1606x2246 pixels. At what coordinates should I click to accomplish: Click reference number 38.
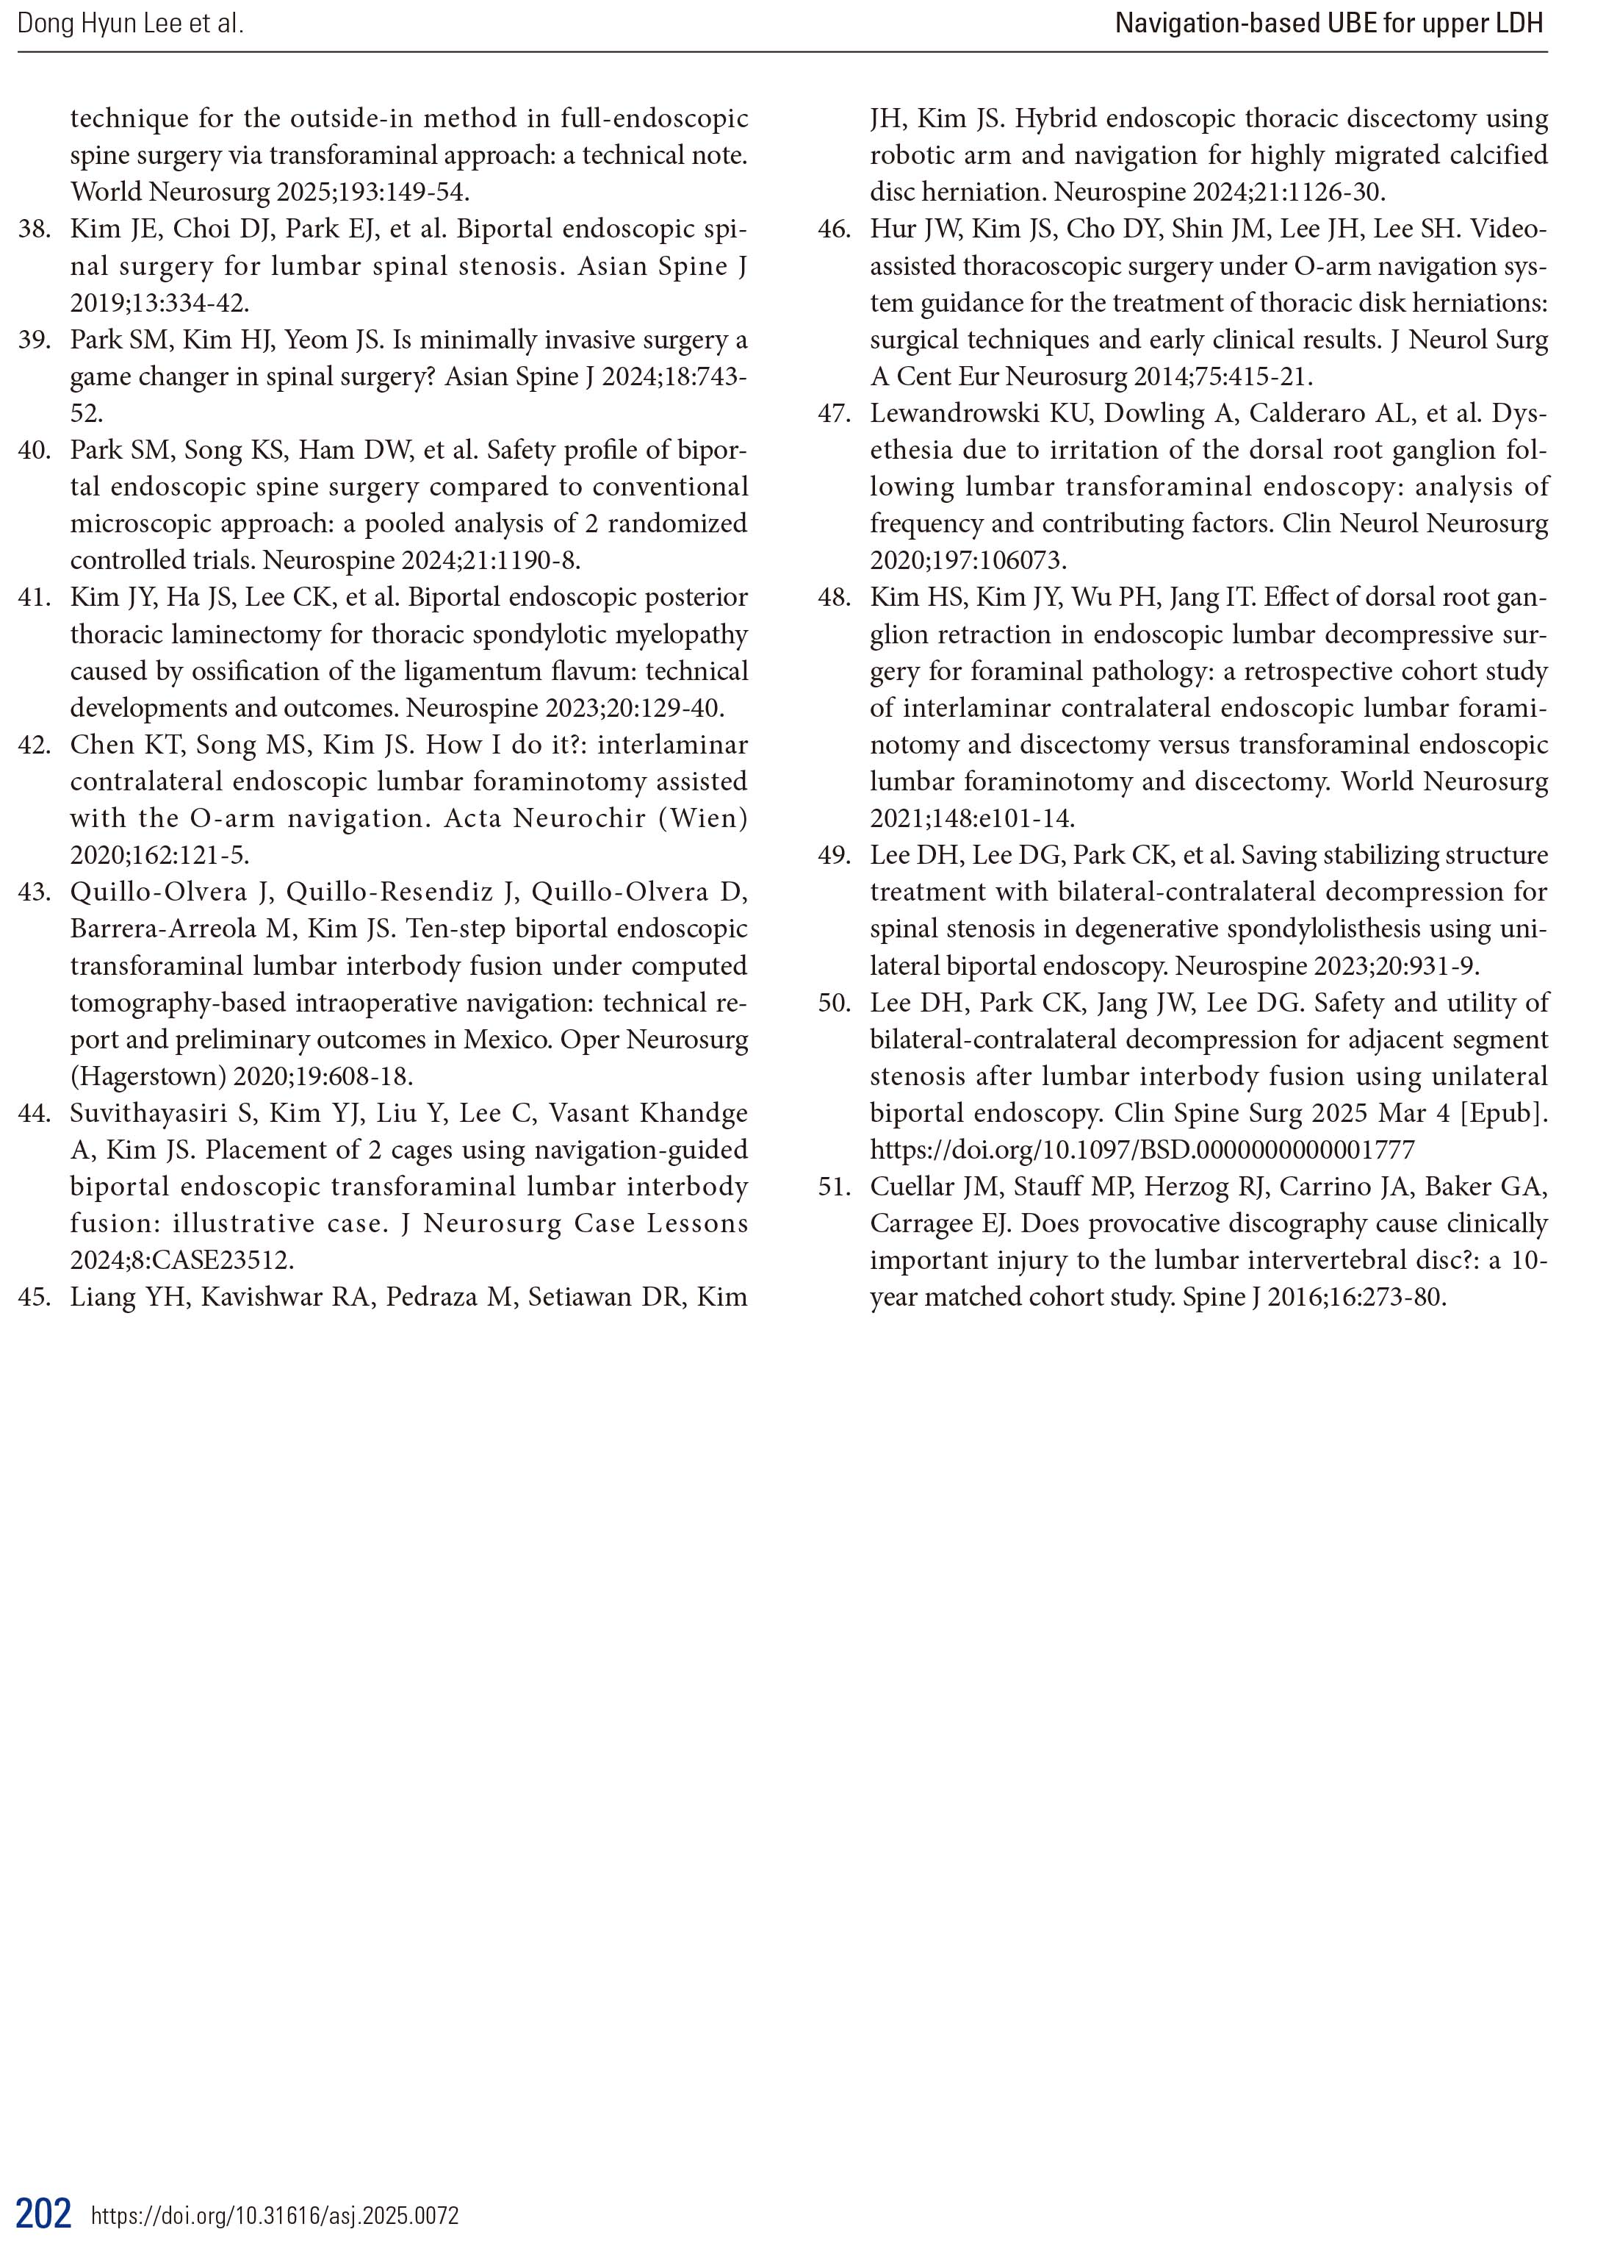(34, 229)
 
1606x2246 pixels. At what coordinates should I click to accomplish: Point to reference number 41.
(34, 598)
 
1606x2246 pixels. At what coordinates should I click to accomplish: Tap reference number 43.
(34, 893)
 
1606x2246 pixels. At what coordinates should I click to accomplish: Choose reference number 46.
(834, 229)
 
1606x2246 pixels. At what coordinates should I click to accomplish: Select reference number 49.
(834, 855)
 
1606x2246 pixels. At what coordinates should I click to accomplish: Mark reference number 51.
(834, 1187)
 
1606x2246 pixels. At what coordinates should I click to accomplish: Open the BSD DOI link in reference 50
(1142, 1150)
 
